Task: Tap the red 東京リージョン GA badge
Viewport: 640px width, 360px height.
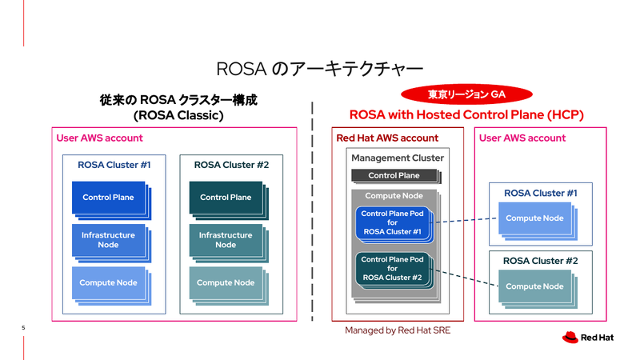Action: [466, 94]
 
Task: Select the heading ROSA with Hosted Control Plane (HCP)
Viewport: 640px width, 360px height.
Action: [466, 115]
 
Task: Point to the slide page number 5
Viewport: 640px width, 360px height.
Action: [23, 328]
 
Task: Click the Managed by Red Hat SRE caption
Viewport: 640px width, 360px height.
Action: [398, 330]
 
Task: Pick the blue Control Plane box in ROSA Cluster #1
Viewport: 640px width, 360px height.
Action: [108, 198]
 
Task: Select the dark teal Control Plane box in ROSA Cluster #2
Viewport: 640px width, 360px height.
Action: [225, 198]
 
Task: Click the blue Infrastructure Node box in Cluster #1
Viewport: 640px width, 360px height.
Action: [108, 240]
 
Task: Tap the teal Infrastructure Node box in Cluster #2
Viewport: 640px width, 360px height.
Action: [225, 240]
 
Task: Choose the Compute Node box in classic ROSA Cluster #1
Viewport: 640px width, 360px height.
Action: [108, 282]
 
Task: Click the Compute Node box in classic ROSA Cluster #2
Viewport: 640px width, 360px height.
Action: [225, 282]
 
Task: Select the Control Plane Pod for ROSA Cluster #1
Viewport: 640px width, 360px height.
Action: [392, 222]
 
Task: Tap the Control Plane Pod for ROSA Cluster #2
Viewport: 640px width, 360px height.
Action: [392, 269]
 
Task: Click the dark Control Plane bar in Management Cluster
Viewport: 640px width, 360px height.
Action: [394, 175]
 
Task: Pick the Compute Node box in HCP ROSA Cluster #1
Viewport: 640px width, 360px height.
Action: [534, 218]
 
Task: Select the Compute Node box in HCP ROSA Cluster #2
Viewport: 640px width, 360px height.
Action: [534, 286]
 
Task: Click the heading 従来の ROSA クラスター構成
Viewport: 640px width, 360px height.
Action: [179, 101]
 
